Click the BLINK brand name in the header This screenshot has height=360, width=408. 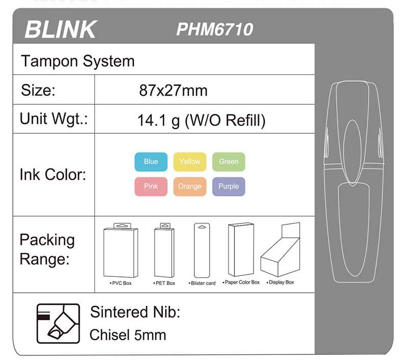[61, 30]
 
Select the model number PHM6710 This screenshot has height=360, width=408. [215, 29]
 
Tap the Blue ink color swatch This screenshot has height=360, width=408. [151, 162]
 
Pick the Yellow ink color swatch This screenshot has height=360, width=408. [190, 162]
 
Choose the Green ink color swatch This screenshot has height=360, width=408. [228, 162]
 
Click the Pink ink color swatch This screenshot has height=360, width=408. [151, 187]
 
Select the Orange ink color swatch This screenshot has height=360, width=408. [190, 187]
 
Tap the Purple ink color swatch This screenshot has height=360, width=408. [228, 187]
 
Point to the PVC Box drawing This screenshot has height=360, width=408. [121, 250]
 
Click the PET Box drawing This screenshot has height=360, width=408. [164, 250]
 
